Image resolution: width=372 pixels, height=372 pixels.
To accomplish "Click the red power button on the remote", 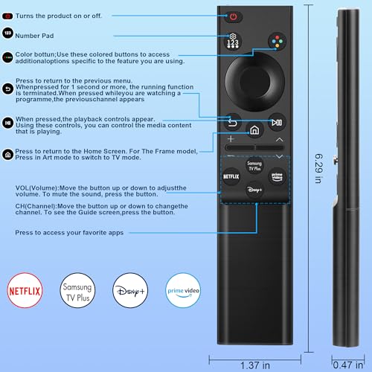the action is [x=233, y=17].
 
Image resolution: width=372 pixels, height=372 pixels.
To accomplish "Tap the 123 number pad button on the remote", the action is [x=233, y=41].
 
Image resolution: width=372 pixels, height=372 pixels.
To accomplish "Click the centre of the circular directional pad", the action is [x=254, y=81].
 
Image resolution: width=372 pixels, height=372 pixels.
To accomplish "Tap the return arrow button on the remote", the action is [x=232, y=122].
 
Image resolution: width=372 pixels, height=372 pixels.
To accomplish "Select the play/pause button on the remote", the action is [x=277, y=122].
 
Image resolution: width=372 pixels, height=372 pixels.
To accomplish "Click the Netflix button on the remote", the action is [x=231, y=176].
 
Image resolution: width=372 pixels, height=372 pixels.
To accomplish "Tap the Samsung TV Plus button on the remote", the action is [x=254, y=165].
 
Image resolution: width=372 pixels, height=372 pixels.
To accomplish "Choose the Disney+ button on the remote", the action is [x=254, y=190].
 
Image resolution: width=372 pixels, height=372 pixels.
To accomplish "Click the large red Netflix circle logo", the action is [x=25, y=290].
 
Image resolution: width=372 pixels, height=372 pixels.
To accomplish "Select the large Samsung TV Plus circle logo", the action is [x=77, y=290].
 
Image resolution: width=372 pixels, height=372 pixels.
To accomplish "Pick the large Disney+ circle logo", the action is [x=130, y=290].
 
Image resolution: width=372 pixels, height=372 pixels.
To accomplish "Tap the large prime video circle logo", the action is [x=183, y=290].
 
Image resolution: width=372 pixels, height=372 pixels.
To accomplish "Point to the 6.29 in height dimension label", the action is [x=319, y=168].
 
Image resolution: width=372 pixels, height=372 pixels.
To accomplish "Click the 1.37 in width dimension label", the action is [x=255, y=365].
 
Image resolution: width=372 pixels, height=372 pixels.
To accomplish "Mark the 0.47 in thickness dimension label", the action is [x=348, y=365].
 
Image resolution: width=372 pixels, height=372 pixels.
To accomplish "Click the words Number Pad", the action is [x=34, y=36].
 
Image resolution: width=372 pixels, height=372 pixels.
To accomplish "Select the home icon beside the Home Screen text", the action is [x=8, y=155].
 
